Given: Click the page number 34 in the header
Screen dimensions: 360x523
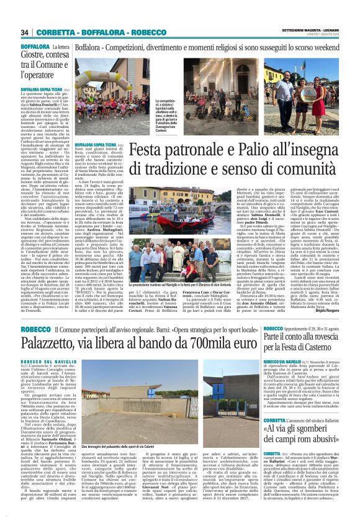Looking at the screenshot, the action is (x=25, y=33).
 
